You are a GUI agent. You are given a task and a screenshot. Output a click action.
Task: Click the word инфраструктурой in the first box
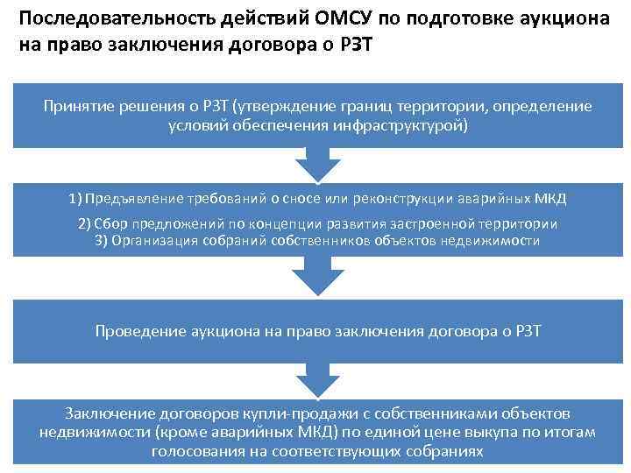(x=408, y=125)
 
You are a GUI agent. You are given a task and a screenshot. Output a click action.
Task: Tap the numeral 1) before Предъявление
(x=74, y=198)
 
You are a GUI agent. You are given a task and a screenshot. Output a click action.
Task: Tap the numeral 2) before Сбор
(x=86, y=223)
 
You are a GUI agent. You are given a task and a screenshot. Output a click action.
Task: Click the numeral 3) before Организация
(x=101, y=240)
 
